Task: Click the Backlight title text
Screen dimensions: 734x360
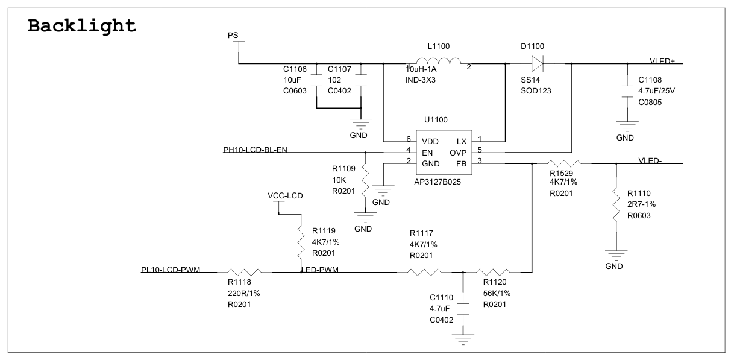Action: [x=82, y=26]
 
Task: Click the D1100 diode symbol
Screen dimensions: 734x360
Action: [x=537, y=63]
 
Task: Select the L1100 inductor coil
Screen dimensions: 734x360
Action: [x=439, y=61]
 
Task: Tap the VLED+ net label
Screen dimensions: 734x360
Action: [x=662, y=61]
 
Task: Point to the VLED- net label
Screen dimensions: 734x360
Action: [x=650, y=160]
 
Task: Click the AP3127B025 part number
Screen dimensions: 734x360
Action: [x=438, y=182]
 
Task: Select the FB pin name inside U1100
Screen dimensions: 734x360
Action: [x=462, y=163]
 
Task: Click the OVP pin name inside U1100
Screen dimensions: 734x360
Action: [x=458, y=153]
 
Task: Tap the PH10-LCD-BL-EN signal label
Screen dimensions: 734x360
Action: [x=256, y=150]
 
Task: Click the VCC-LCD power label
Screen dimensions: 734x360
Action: [x=285, y=196]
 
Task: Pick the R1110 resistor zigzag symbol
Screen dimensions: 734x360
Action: [x=616, y=204]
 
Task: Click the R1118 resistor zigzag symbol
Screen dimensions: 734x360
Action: [x=245, y=272]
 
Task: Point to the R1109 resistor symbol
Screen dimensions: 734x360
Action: [x=365, y=180]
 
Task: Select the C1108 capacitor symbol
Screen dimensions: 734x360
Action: [x=627, y=92]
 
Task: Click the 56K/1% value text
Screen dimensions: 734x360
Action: [x=497, y=294]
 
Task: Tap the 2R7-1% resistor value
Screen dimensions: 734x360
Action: [x=641, y=204]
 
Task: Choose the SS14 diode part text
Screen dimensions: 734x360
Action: [x=530, y=80]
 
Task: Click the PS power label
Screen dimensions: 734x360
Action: [x=233, y=36]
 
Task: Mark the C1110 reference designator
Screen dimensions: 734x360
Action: [x=441, y=298]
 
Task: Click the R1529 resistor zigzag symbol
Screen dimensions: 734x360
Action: [x=563, y=163]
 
